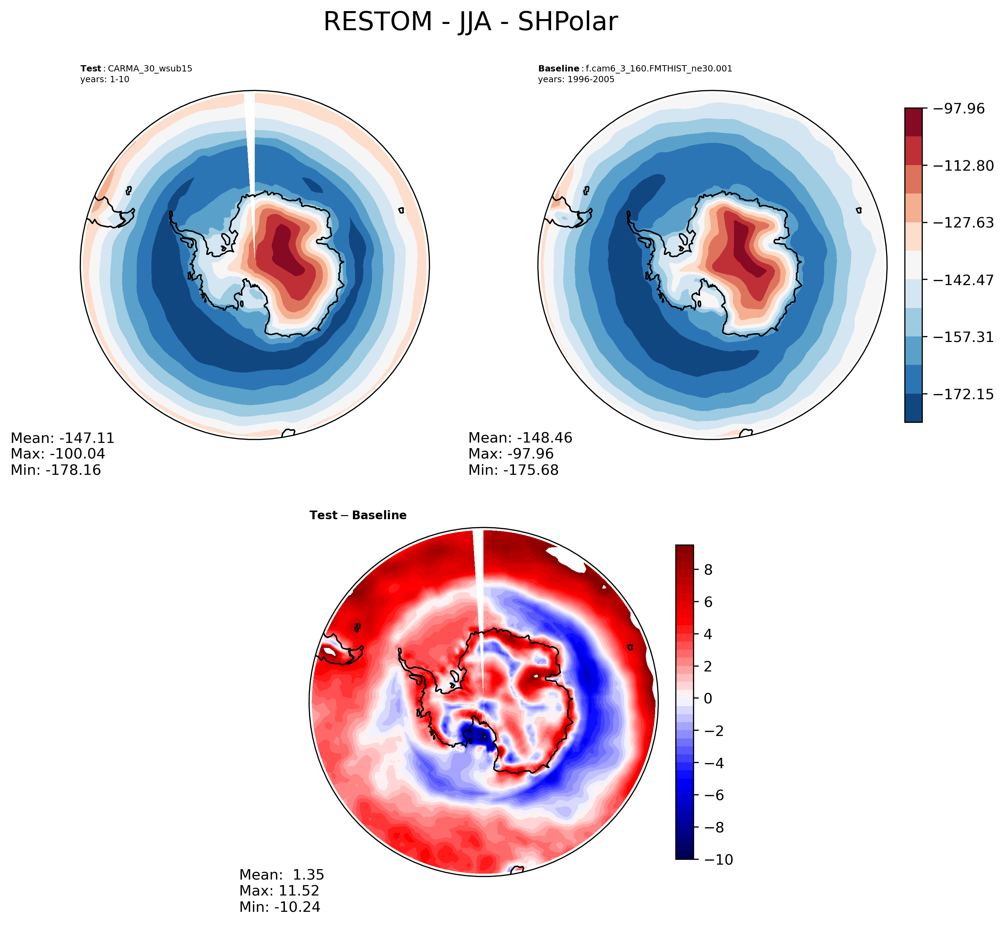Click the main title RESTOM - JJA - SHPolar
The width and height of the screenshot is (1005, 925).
point(470,22)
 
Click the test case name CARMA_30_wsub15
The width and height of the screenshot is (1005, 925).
point(150,69)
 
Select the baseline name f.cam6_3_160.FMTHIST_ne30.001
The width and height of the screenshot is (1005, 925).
point(658,69)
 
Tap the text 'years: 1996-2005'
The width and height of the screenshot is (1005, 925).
point(576,79)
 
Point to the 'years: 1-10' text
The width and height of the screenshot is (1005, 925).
point(105,79)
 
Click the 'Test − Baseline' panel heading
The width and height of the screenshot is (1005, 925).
point(358,515)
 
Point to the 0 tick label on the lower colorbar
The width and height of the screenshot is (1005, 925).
point(708,698)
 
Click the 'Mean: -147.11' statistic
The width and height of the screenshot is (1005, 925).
point(62,438)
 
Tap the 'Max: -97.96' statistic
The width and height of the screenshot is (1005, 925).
point(511,454)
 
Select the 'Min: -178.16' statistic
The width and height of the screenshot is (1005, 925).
point(56,470)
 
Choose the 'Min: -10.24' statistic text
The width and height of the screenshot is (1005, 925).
point(279,907)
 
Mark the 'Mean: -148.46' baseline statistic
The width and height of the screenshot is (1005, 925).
point(520,438)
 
